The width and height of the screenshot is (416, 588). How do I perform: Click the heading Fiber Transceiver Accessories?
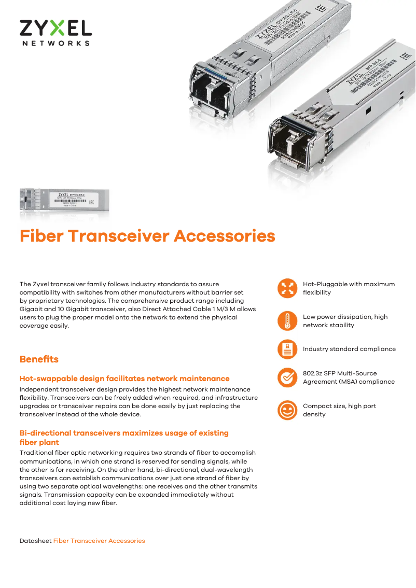[x=147, y=236]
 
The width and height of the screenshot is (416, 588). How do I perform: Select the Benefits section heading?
[x=39, y=359]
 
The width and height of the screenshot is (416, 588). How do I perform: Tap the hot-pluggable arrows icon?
[x=287, y=288]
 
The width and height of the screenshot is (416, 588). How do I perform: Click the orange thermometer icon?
[x=287, y=321]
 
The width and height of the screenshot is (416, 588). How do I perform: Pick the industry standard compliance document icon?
[x=287, y=349]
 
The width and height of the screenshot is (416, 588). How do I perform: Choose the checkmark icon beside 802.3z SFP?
[x=287, y=377]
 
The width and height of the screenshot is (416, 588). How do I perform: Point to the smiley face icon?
[x=287, y=410]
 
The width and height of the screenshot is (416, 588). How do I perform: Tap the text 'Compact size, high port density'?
[x=339, y=410]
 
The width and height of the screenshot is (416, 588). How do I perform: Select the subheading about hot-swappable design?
[x=124, y=379]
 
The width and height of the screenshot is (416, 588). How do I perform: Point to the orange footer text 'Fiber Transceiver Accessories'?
[x=99, y=541]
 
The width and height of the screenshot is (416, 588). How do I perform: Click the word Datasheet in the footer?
[x=35, y=541]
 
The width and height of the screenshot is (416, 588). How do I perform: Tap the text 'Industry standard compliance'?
[x=349, y=349]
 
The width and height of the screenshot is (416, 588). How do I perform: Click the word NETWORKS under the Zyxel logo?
[x=56, y=43]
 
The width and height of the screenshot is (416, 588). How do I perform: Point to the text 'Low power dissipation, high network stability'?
[x=345, y=321]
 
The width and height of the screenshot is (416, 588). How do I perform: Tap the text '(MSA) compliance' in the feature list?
[x=349, y=382]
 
